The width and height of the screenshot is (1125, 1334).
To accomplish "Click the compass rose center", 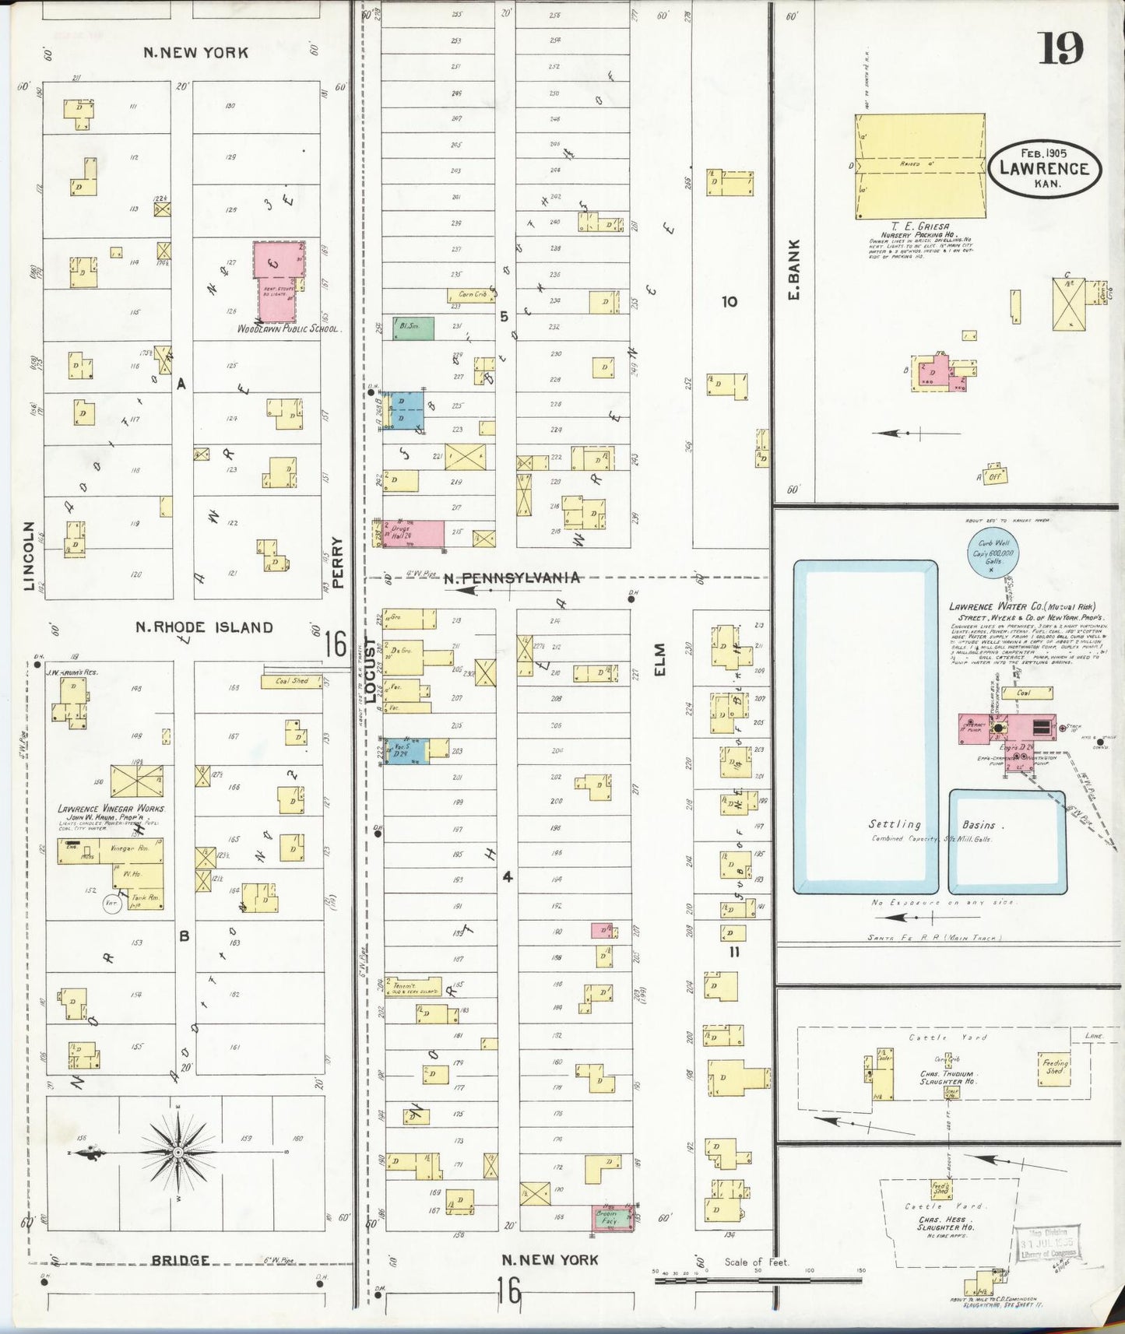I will [178, 1151].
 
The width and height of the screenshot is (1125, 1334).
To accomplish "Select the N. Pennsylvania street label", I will [512, 577].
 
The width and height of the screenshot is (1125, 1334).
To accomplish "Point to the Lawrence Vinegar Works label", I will [111, 809].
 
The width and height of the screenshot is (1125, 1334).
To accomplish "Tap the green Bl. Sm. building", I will [413, 327].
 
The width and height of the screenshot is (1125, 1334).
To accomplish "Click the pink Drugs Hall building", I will [413, 533].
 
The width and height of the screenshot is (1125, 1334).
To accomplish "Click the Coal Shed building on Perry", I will [291, 681].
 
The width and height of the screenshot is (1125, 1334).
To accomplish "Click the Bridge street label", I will [180, 1260].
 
